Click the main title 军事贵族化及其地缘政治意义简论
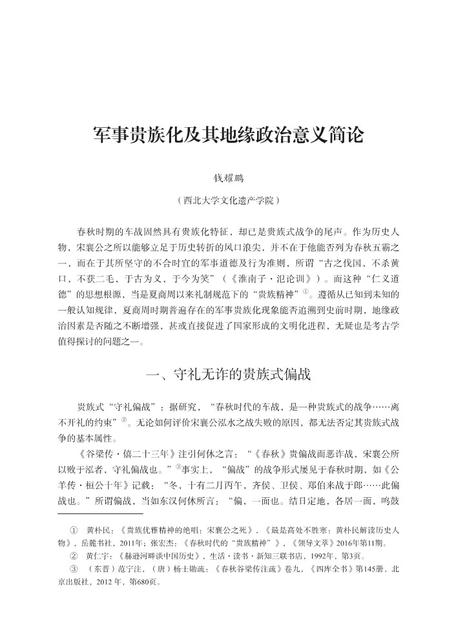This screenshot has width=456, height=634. click(227, 136)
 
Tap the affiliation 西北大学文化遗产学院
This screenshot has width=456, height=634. click(227, 201)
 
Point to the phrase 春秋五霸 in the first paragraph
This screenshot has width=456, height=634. click(371, 248)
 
